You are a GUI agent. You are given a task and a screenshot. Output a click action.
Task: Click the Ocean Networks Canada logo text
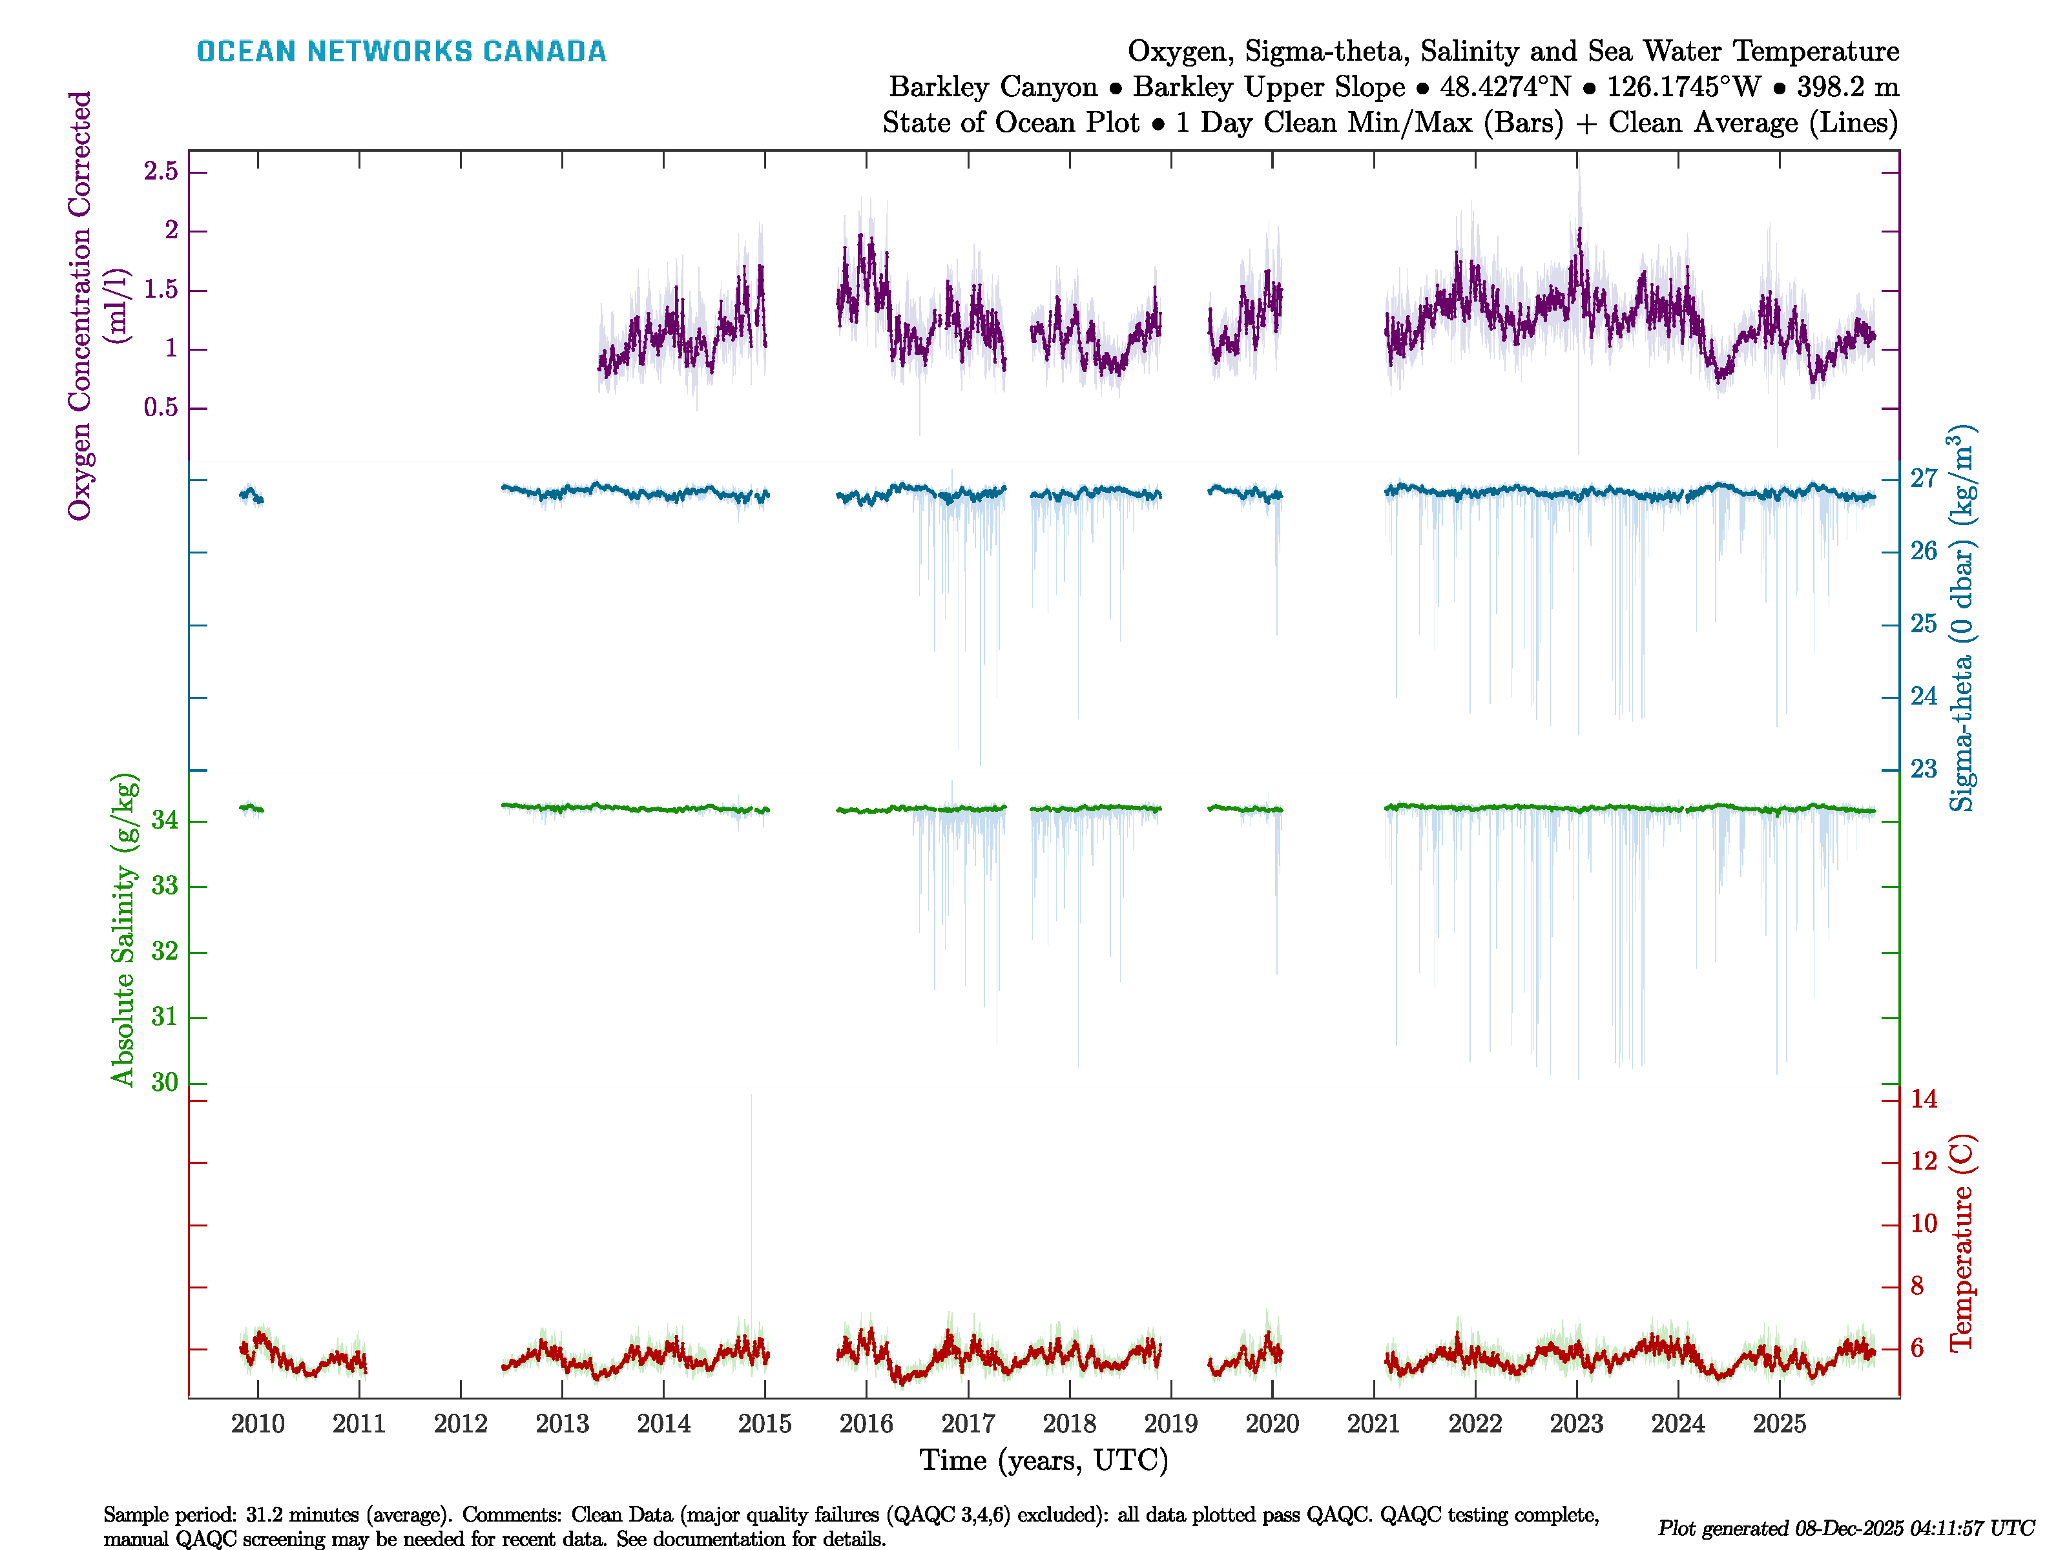[401, 52]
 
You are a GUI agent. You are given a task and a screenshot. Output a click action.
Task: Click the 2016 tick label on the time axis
[866, 1424]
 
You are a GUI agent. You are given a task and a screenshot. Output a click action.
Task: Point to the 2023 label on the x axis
[1577, 1424]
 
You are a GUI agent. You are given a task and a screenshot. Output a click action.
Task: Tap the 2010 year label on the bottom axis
[258, 1424]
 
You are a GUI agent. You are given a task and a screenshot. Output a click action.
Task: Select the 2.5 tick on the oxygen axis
[161, 171]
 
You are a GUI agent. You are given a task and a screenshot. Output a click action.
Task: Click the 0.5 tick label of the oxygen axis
[161, 408]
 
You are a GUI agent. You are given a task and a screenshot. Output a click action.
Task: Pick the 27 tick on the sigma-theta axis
[1923, 479]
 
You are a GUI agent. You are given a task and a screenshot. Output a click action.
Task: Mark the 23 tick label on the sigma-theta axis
[1923, 769]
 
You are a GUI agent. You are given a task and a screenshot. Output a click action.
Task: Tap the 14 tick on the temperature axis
[1923, 1099]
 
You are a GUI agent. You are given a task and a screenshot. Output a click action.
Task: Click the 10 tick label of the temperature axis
[1923, 1223]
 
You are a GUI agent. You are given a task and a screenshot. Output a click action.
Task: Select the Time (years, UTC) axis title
[1044, 1460]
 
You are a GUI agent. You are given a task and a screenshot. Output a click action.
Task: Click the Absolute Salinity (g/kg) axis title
[124, 929]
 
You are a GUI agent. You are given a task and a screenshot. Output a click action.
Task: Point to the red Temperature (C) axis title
[1962, 1243]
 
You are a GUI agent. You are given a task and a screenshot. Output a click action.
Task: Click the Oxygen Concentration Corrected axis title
[80, 305]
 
